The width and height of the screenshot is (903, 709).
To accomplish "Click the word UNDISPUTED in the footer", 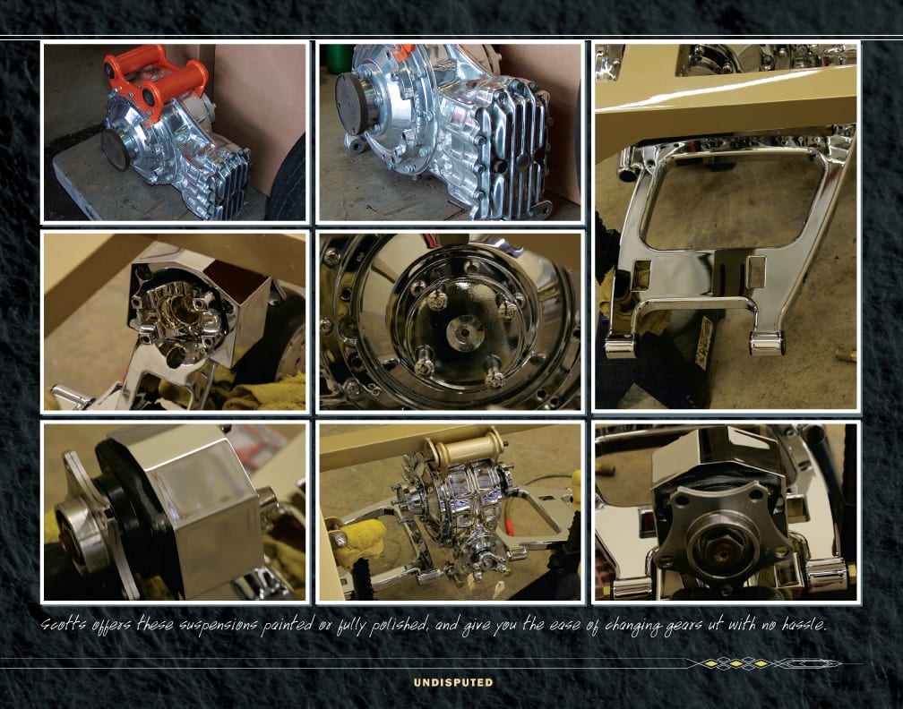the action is tap(453, 682).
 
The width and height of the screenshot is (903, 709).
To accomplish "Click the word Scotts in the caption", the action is tap(64, 625).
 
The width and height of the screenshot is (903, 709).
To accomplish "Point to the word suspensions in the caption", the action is tap(219, 626).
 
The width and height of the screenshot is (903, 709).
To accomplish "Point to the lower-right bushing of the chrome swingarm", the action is tap(767, 343).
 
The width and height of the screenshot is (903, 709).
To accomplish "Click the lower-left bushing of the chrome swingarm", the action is tap(620, 346).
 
